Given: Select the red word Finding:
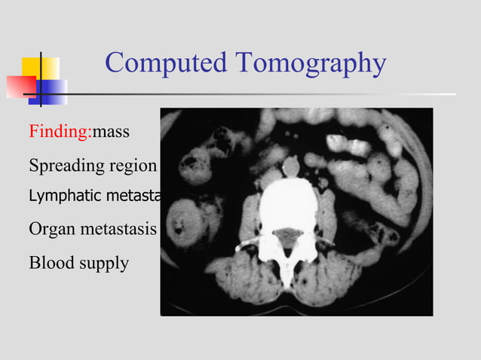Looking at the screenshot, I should (60, 133).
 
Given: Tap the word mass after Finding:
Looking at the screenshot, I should (111, 133).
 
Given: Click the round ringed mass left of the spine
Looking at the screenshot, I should (183, 225).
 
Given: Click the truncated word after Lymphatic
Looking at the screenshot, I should (139, 196).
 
